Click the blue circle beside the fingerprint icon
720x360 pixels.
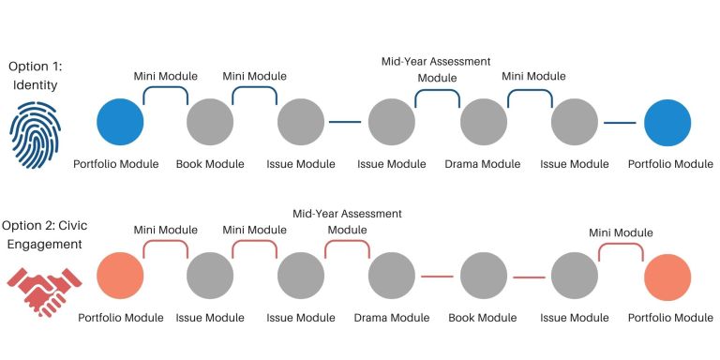pyautogui.click(x=120, y=122)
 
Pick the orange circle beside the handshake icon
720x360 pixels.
pyautogui.click(x=120, y=277)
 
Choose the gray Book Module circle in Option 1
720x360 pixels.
pyautogui.click(x=210, y=122)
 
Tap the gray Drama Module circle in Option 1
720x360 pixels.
pyautogui.click(x=484, y=122)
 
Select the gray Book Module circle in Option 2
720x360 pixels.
pyautogui.click(x=484, y=277)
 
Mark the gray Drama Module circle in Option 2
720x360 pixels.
pyautogui.click(x=392, y=277)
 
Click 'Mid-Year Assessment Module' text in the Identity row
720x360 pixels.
pyautogui.click(x=435, y=68)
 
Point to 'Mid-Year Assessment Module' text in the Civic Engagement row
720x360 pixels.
pyautogui.click(x=347, y=221)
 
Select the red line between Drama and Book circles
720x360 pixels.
pyautogui.click(x=438, y=277)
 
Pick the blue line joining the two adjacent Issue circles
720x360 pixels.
pyautogui.click(x=346, y=122)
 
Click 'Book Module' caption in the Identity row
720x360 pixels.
pyautogui.click(x=210, y=164)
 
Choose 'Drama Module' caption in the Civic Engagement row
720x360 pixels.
pyautogui.click(x=392, y=318)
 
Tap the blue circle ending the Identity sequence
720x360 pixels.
pyautogui.click(x=667, y=122)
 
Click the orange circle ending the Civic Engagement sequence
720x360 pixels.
pyautogui.click(x=667, y=277)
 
